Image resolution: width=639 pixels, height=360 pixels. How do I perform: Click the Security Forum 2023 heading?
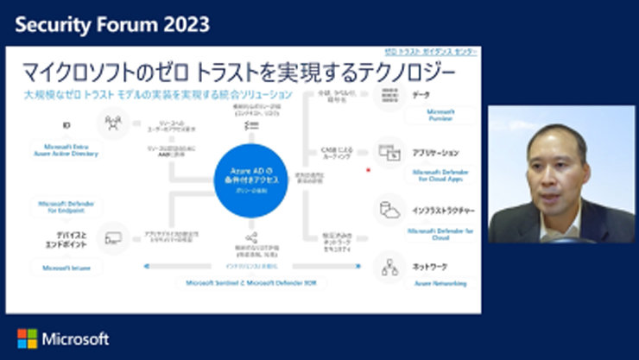click(111, 23)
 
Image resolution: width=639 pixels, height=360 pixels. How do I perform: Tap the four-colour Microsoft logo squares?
click(27, 338)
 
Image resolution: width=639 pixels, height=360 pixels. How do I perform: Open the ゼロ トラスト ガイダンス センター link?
click(431, 52)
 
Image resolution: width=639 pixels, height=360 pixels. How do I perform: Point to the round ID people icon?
click(114, 124)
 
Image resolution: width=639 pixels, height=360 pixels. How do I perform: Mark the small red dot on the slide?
click(370, 169)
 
